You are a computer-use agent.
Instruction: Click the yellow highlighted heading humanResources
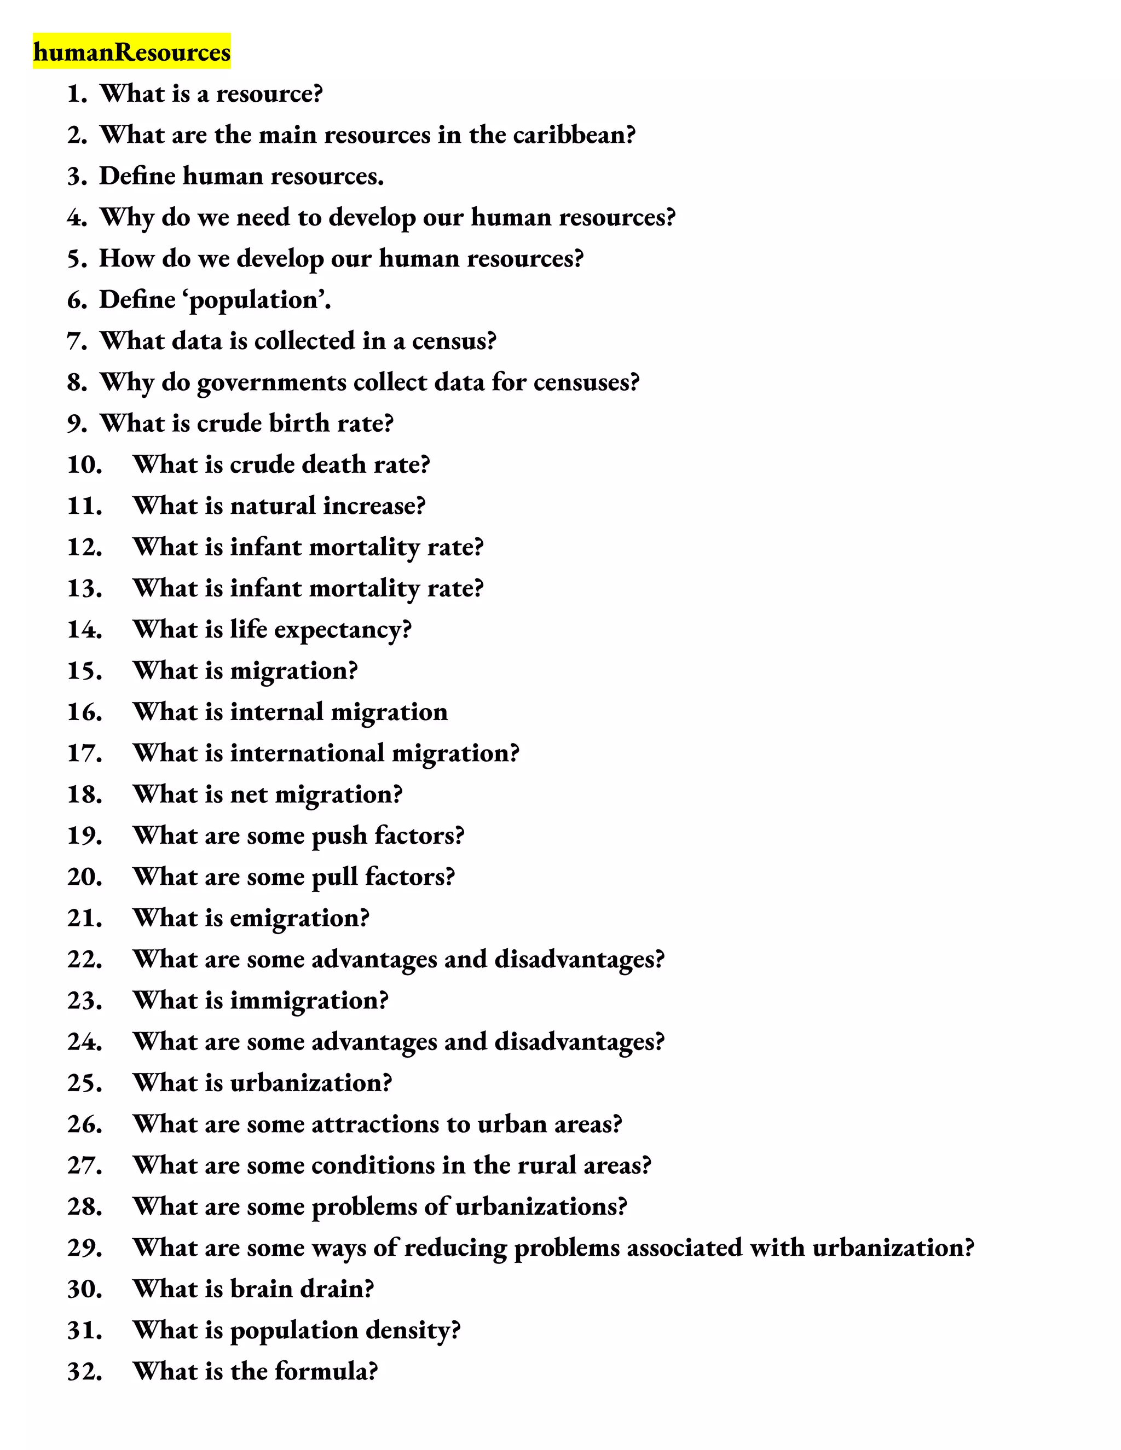click(131, 52)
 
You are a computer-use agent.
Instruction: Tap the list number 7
click(77, 341)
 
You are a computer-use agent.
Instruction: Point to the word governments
click(271, 383)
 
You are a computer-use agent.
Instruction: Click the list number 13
click(84, 588)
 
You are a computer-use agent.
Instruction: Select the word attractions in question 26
click(374, 1124)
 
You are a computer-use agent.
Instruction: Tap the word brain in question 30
click(261, 1289)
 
